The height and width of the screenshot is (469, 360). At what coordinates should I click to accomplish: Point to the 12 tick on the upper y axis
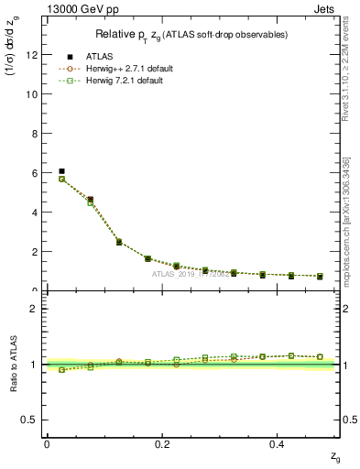tap(33, 54)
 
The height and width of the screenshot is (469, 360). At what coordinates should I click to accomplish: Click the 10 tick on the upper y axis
tap(33, 93)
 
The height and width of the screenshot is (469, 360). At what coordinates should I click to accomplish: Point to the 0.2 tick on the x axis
tap(162, 443)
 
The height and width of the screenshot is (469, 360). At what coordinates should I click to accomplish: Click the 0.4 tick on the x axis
tap(278, 443)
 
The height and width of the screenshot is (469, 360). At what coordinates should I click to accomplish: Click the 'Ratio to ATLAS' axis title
tap(13, 365)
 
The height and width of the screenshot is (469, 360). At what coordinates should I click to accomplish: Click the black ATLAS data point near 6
tap(61, 171)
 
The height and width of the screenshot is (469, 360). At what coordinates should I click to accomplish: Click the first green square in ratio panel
tap(61, 370)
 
